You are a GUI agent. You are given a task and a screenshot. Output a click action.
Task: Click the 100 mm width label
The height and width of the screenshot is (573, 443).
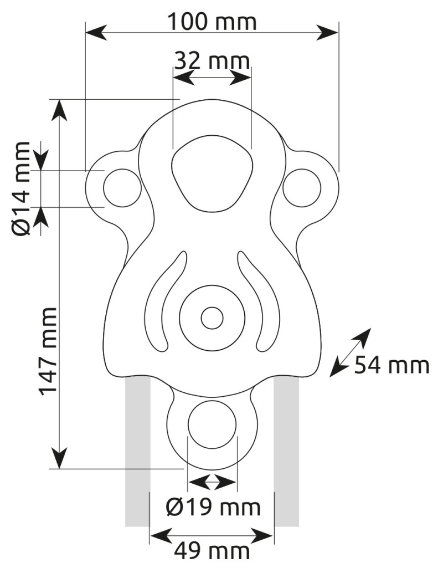point(212,22)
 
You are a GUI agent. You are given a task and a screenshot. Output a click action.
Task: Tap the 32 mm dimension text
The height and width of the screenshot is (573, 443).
point(212,60)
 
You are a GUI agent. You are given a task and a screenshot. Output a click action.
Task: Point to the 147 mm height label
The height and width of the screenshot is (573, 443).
point(48,351)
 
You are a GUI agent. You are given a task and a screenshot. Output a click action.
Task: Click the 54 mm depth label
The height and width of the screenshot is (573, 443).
point(392,365)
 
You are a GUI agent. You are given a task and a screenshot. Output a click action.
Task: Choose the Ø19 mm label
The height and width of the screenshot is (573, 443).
point(213,507)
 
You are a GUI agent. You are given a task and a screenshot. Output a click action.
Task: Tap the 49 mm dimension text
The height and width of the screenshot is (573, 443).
point(212,551)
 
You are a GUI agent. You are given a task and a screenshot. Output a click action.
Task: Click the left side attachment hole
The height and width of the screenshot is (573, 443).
point(122,188)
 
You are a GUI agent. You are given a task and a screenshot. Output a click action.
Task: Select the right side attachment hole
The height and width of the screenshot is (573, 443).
point(302,188)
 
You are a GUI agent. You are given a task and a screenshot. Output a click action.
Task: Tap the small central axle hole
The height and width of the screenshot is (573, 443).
point(212,318)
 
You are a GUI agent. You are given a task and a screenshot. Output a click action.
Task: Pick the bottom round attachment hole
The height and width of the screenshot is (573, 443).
point(212,424)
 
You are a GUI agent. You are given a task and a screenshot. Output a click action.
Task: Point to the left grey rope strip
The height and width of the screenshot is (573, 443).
point(138,452)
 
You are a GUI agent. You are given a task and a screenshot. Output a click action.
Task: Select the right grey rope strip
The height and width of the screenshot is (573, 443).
point(287,452)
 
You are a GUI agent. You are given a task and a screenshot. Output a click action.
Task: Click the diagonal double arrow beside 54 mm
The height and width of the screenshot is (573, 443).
point(350,352)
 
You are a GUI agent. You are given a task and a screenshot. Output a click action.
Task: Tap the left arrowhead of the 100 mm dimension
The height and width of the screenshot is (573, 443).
point(96,32)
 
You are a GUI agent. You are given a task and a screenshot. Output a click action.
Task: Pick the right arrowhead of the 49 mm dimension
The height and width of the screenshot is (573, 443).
point(262,536)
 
